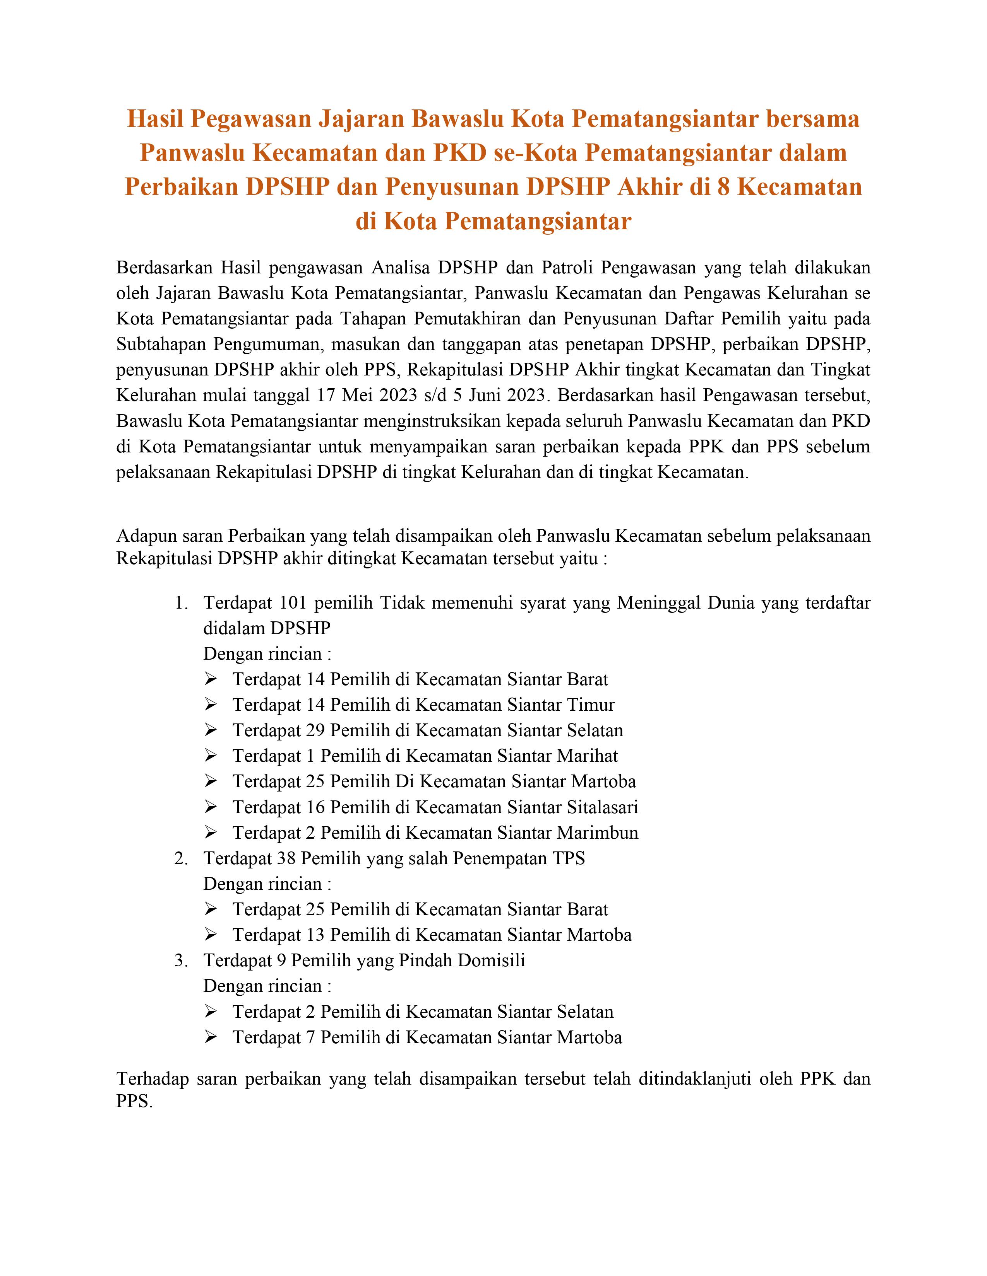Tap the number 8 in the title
click(723, 187)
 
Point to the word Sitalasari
click(601, 807)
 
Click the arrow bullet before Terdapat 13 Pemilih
click(211, 935)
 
